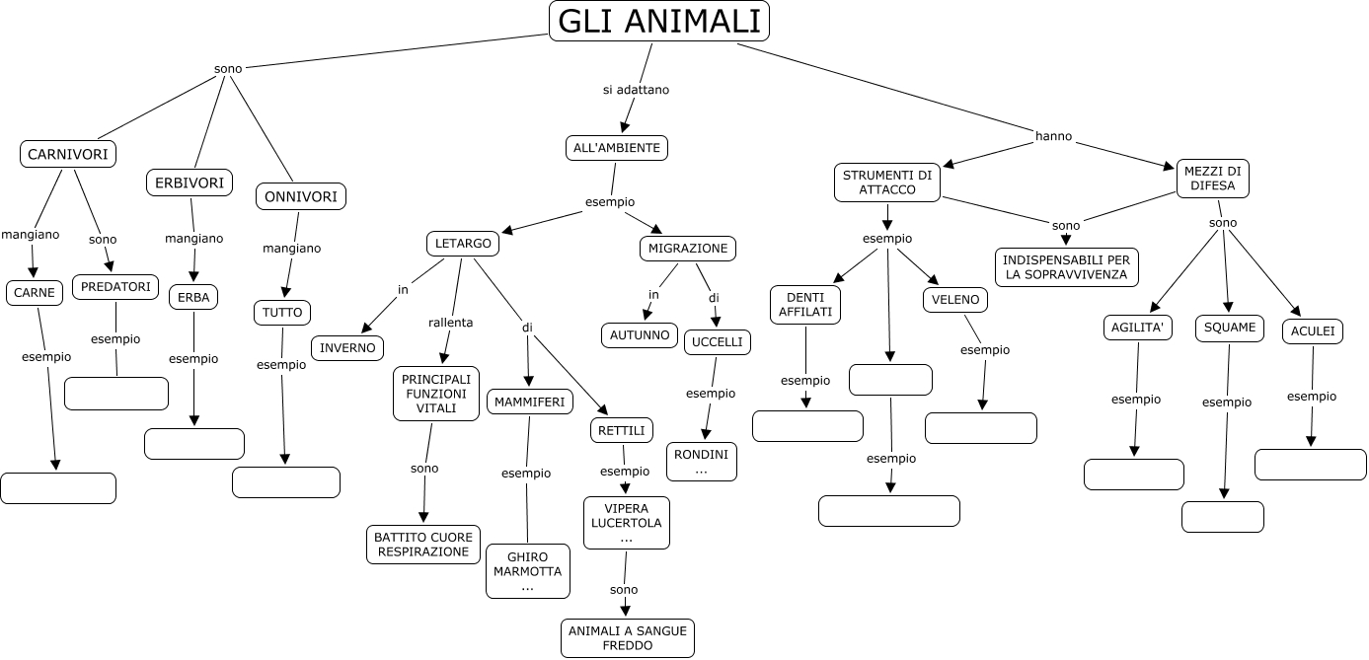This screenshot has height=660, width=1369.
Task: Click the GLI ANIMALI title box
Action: pos(658,22)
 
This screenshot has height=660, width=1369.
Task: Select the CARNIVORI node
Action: pos(68,154)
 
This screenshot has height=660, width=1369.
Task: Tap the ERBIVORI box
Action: pos(190,183)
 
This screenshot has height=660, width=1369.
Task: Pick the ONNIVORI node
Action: pos(301,196)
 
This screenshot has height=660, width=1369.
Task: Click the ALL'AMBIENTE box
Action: pos(617,148)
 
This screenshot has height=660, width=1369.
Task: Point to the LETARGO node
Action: pos(463,244)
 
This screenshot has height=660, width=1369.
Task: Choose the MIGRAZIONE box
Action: pos(688,248)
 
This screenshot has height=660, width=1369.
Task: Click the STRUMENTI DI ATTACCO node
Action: pos(886,183)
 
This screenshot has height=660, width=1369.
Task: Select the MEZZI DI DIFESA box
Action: pos(1212,179)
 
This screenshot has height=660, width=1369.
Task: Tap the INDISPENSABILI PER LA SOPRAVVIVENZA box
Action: pos(1066,267)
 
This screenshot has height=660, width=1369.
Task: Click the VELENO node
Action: pos(955,300)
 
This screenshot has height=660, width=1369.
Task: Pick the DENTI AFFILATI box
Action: pos(805,304)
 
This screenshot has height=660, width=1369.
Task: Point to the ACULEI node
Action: pos(1313,331)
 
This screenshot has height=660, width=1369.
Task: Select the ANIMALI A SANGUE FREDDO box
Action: pos(628,638)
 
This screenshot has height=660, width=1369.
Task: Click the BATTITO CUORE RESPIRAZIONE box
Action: pos(422,545)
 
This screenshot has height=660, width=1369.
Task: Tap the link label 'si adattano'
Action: pos(636,90)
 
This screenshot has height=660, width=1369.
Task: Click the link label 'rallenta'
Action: pos(450,322)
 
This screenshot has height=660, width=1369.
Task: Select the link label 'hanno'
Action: pos(1053,136)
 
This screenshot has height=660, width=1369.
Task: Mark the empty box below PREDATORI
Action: pos(116,394)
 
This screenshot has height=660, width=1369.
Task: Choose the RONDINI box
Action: pos(702,462)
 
